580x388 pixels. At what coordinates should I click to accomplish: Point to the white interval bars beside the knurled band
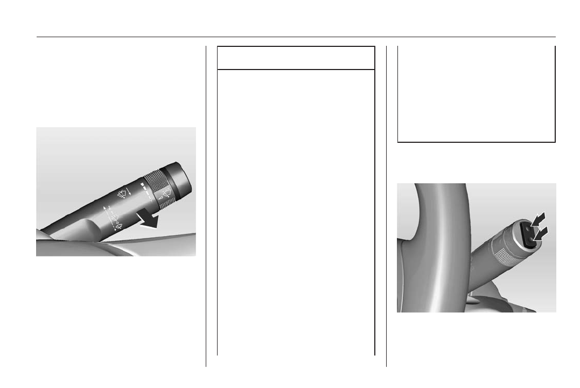(x=142, y=191)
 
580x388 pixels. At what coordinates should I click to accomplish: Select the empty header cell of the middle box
(x=295, y=58)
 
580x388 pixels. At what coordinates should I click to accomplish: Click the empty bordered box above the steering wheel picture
(x=476, y=94)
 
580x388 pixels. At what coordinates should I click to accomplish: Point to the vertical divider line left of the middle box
(x=206, y=205)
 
